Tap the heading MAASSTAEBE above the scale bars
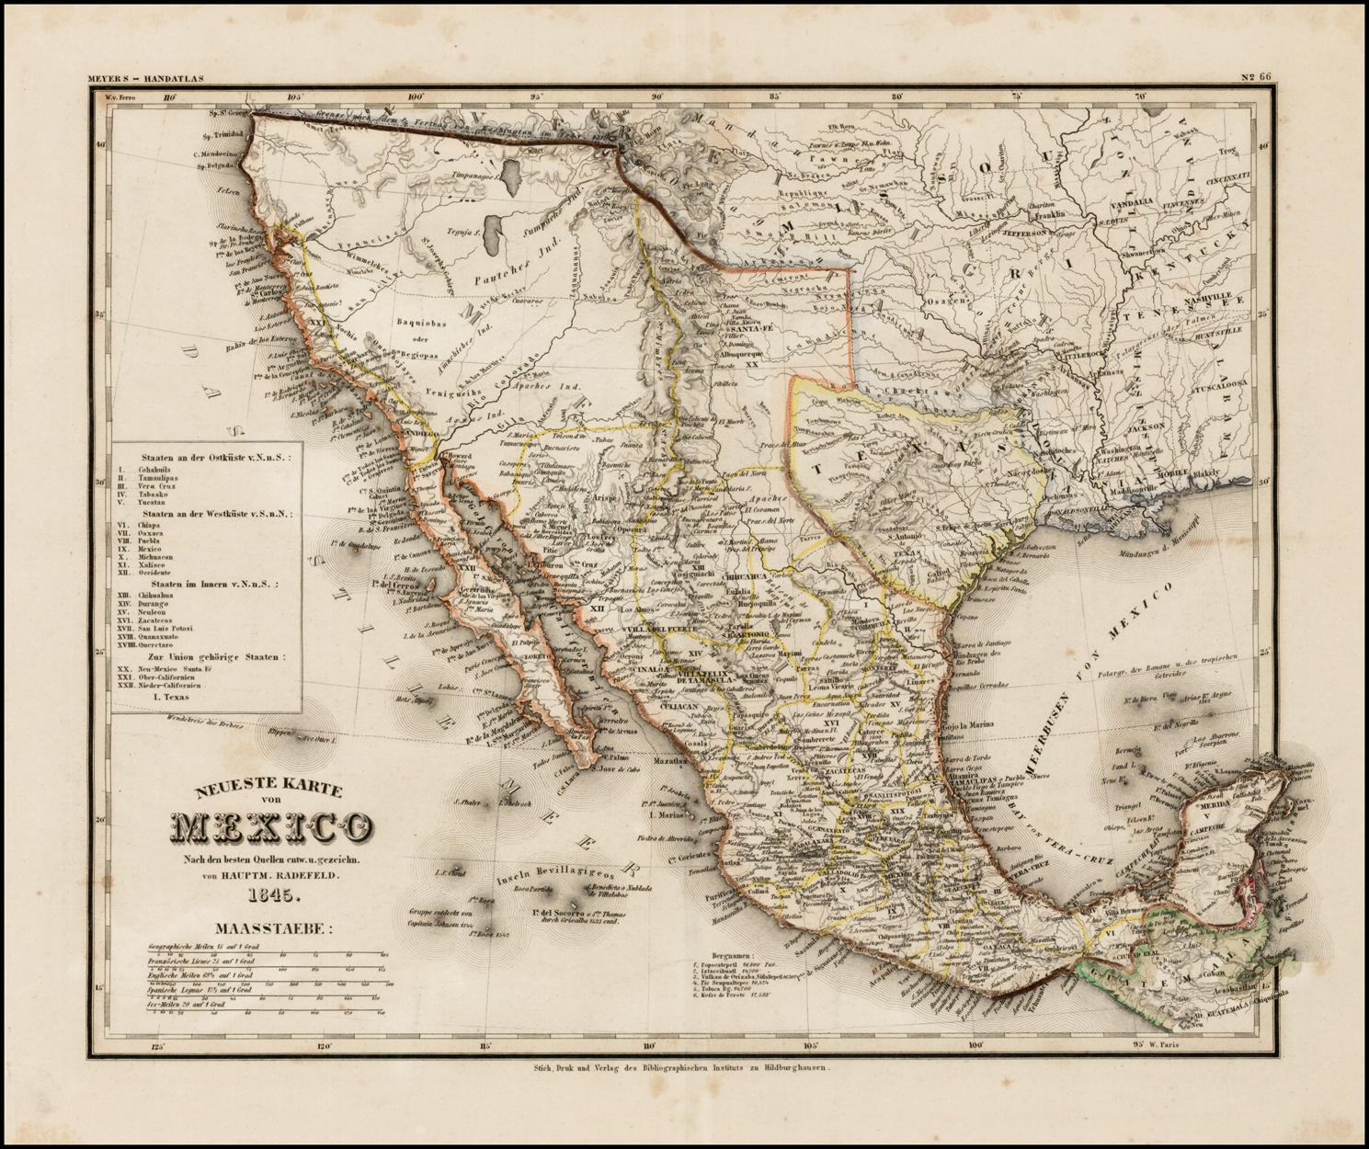coord(270,929)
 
